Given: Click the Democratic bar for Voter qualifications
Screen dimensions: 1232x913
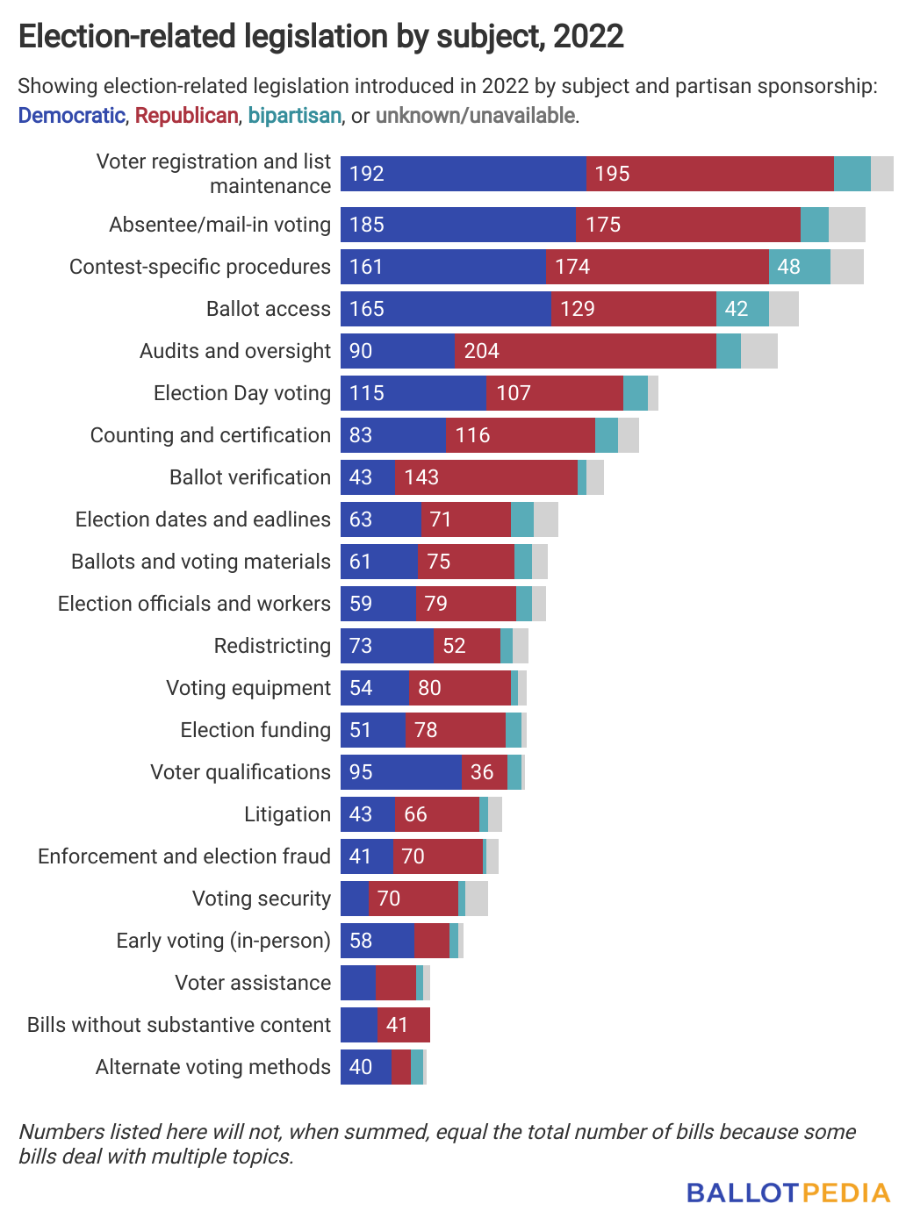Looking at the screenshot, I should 400,772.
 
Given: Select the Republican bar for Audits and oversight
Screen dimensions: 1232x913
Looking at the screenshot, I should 585,351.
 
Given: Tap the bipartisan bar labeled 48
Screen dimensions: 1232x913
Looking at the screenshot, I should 799,267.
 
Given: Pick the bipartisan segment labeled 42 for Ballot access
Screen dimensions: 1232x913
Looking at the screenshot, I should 742,309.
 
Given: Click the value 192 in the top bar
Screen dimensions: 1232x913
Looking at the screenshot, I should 367,174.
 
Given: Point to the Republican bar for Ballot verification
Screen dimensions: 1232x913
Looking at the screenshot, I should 485,477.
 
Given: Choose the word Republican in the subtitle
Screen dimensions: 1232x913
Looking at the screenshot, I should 186,116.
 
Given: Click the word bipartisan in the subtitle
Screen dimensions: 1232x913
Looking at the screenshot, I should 294,116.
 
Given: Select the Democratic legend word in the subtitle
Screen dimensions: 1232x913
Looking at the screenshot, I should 71,116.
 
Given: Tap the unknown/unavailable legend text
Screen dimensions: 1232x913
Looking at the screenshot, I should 475,116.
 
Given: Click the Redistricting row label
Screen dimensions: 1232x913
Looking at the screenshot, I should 272,646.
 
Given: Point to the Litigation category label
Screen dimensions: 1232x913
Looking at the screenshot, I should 287,814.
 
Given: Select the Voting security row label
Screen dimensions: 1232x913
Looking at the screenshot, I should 261,899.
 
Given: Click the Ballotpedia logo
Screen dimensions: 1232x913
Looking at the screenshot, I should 787,1193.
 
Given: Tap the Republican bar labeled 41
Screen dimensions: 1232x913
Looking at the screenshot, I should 403,1025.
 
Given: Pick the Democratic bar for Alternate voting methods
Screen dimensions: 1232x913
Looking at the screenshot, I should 365,1067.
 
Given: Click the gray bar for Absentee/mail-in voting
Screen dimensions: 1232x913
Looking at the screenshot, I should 846,225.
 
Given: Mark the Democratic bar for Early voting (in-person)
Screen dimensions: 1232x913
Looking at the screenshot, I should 377,941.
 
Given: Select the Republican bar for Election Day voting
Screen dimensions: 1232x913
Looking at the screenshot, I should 554,393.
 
